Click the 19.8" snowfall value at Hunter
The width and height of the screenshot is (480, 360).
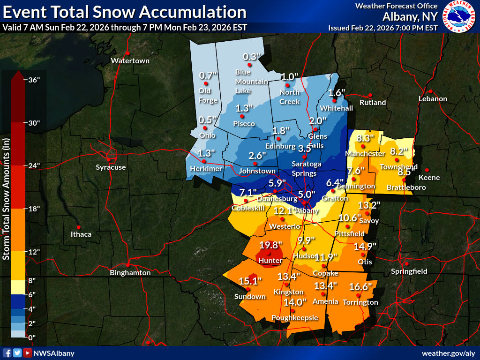click(x=271, y=245)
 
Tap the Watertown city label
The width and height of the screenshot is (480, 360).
click(x=130, y=61)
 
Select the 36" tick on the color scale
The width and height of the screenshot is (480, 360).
click(x=35, y=80)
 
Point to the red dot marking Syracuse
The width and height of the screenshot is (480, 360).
click(x=111, y=158)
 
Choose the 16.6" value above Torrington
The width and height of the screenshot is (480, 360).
click(x=360, y=287)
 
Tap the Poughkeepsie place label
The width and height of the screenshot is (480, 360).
click(x=295, y=318)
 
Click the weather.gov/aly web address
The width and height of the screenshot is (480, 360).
click(x=449, y=353)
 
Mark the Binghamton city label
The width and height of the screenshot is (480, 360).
click(x=130, y=273)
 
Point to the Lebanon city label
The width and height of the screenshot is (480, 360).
click(x=433, y=99)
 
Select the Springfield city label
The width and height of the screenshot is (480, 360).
click(x=409, y=271)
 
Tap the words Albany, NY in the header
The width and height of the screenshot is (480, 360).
click(x=410, y=17)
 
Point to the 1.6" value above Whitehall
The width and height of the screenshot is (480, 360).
click(x=337, y=92)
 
